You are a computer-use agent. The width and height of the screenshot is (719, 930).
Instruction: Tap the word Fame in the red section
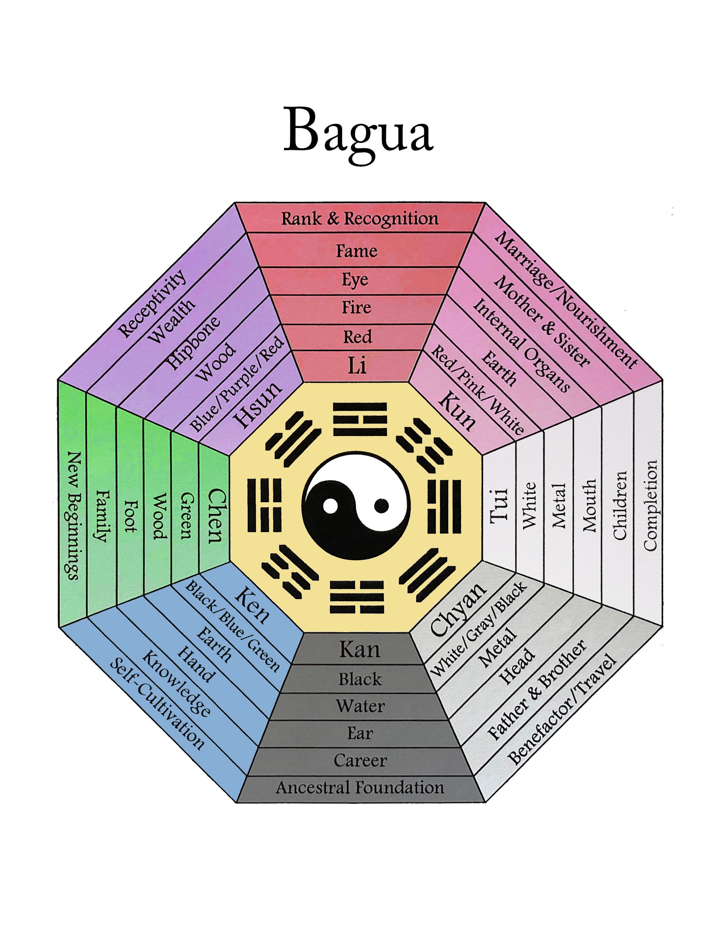pyautogui.click(x=357, y=251)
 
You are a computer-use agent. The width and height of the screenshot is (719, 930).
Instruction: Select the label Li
pyautogui.click(x=357, y=365)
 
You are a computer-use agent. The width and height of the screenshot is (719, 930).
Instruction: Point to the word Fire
pyautogui.click(x=357, y=307)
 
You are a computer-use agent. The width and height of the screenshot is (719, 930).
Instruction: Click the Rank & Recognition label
pyautogui.click(x=359, y=218)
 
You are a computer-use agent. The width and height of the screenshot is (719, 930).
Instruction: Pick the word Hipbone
pyautogui.click(x=194, y=342)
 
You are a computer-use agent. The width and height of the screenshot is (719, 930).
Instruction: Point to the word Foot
pyautogui.click(x=130, y=516)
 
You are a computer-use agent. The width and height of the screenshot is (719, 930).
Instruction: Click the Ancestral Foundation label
pyautogui.click(x=360, y=788)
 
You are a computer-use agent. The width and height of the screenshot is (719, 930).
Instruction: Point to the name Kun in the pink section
pyautogui.click(x=457, y=410)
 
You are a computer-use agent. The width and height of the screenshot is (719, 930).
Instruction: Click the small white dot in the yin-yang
pyautogui.click(x=330, y=506)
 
